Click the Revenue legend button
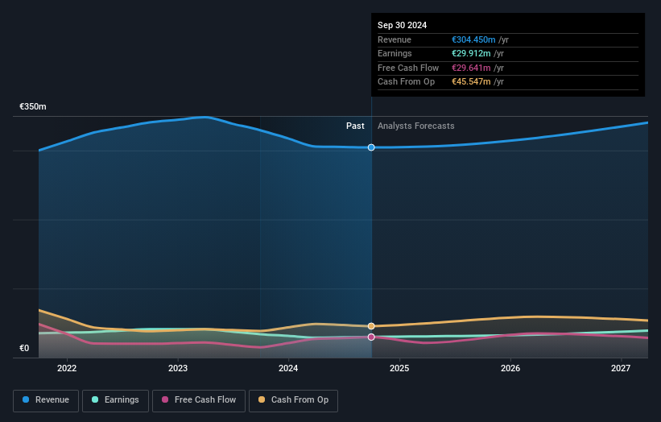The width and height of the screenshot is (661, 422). [x=46, y=400]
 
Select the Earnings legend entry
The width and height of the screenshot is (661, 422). [x=115, y=400]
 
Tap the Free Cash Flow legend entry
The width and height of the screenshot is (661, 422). [x=198, y=400]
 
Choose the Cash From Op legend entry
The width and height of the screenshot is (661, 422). [x=293, y=400]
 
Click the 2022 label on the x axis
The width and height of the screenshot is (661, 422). [x=67, y=369]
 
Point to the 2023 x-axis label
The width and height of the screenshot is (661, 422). [x=178, y=369]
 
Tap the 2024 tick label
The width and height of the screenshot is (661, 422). [x=288, y=369]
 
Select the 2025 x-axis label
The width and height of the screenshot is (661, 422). [x=399, y=369]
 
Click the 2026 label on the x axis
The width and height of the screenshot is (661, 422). [x=510, y=369]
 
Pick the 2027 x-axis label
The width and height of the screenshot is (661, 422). [x=621, y=369]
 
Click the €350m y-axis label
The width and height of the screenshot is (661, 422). [x=33, y=107]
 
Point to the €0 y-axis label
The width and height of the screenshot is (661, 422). [x=24, y=349]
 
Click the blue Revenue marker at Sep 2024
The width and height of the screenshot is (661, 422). [x=371, y=147]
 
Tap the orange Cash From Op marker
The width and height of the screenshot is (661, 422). [x=371, y=326]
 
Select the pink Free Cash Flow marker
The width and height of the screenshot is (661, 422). [x=371, y=337]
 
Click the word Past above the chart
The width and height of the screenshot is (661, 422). [x=355, y=126]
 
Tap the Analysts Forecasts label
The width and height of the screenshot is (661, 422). [x=415, y=126]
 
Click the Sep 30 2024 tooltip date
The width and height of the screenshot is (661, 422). [x=402, y=26]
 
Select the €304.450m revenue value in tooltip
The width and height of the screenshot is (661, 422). [x=473, y=40]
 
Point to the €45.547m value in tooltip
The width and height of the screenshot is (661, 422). [x=471, y=82]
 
